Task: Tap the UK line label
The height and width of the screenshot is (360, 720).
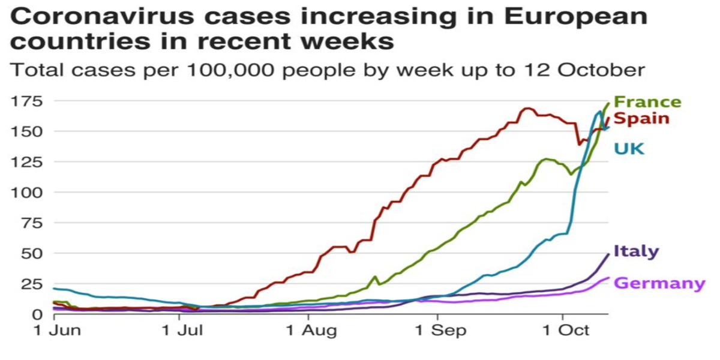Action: click(629, 148)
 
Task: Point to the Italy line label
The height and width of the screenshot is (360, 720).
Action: click(636, 251)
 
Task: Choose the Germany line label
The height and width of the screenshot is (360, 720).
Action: click(661, 283)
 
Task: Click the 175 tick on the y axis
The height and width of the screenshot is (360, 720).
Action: click(29, 101)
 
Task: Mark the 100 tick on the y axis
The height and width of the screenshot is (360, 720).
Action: click(29, 193)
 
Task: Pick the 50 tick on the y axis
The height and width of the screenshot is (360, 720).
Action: click(33, 254)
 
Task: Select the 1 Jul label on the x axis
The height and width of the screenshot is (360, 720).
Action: click(180, 331)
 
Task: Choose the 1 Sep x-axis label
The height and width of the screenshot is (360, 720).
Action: click(437, 331)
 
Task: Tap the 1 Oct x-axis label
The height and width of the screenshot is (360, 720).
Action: click(562, 331)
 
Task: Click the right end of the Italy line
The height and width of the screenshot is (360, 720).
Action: click(608, 254)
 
